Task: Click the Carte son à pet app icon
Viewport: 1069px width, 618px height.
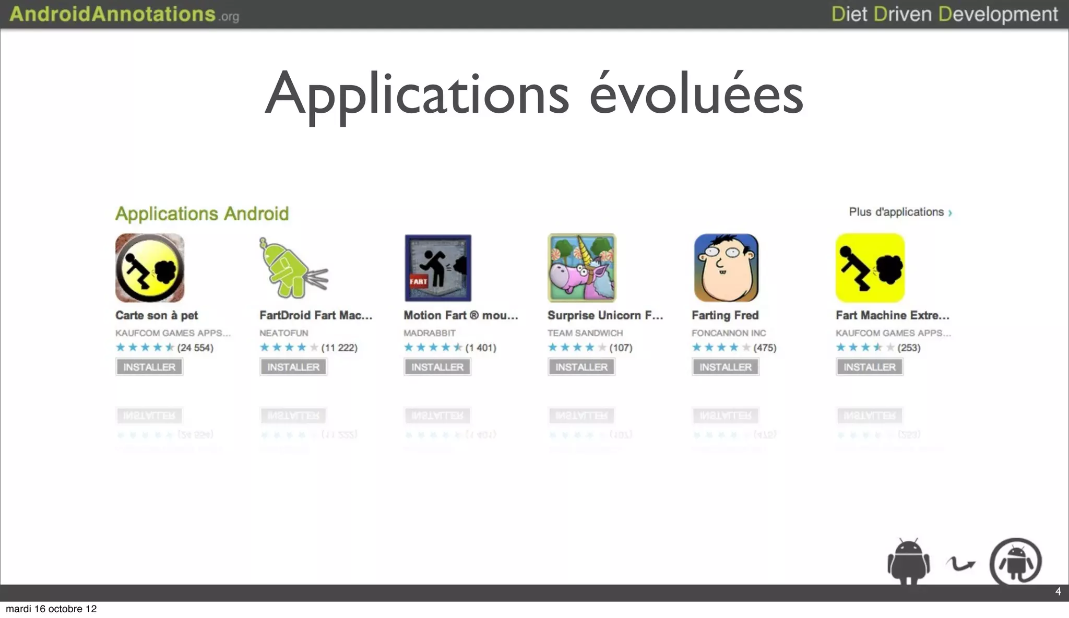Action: click(150, 268)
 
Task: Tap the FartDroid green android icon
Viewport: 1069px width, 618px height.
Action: click(293, 268)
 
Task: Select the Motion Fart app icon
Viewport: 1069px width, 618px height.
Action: click(438, 268)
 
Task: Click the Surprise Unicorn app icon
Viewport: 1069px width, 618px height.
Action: click(582, 268)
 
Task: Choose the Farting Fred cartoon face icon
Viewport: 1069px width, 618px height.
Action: click(726, 268)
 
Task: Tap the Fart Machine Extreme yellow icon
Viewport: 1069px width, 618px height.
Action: click(870, 268)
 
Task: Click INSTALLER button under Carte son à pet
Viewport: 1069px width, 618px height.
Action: click(149, 367)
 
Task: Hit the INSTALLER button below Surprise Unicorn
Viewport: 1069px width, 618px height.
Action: click(581, 367)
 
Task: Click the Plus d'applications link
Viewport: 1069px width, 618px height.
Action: click(900, 212)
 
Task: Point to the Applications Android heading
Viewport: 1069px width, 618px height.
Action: click(202, 213)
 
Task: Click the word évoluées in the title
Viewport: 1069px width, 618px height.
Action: click(696, 94)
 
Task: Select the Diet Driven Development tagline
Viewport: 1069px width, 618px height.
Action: click(944, 14)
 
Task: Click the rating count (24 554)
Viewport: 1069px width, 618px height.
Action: click(195, 348)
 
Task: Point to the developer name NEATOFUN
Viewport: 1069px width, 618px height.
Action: click(284, 333)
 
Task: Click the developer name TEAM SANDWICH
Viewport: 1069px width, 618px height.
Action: click(585, 333)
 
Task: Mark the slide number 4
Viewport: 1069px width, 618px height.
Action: click(1058, 591)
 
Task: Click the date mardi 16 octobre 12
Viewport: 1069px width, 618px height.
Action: click(51, 609)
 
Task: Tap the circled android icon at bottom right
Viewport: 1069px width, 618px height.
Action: click(1016, 563)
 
